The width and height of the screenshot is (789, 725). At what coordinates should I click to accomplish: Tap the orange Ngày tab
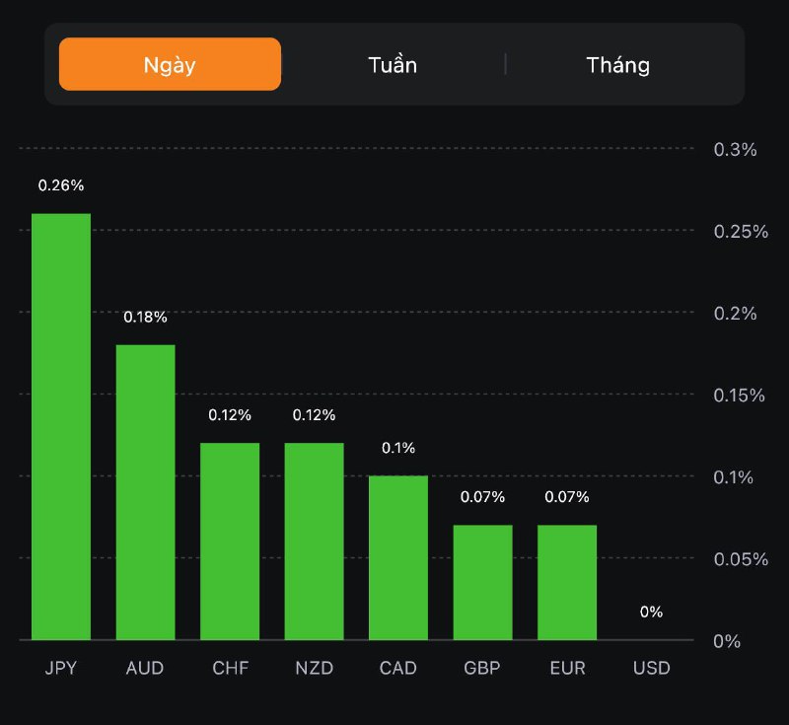(x=170, y=65)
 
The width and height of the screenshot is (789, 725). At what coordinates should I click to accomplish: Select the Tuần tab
(x=393, y=65)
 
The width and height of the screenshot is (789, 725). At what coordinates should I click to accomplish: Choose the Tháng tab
(x=618, y=65)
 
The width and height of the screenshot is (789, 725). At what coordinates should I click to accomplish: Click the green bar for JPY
(x=61, y=426)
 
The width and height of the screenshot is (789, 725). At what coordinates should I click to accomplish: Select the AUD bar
(x=145, y=491)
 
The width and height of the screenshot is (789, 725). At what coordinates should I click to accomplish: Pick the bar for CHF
(x=230, y=541)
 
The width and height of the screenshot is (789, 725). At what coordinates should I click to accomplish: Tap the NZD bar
(x=314, y=541)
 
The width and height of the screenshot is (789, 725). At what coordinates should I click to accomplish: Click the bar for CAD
(x=398, y=557)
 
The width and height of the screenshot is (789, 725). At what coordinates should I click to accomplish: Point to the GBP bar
(x=482, y=582)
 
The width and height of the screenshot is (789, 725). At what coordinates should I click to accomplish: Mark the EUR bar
(x=567, y=582)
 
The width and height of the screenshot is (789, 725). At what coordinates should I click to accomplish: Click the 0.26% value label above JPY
(x=61, y=185)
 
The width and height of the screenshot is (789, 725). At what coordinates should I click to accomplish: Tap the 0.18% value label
(x=145, y=317)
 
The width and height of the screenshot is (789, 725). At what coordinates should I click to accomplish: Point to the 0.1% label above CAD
(x=398, y=448)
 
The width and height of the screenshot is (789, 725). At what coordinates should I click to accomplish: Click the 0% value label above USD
(x=651, y=612)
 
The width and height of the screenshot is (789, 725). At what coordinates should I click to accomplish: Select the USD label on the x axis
(x=651, y=668)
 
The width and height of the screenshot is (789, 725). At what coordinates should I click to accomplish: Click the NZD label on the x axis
(x=314, y=668)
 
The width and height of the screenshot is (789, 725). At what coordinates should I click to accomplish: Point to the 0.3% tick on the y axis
(x=735, y=149)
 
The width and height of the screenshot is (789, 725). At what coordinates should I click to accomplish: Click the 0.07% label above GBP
(x=482, y=497)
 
